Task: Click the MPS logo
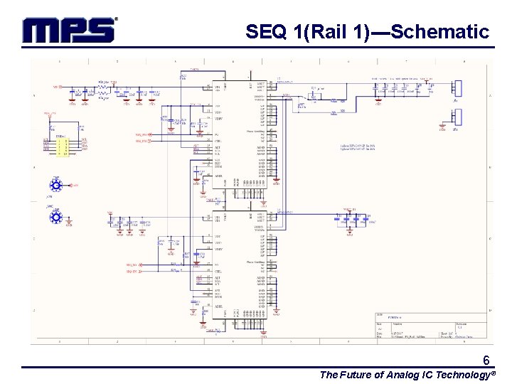click(69, 30)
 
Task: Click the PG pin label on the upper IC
click(218, 134)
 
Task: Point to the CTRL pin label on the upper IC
click(218, 141)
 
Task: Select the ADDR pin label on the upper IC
click(218, 176)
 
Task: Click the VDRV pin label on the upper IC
click(219, 119)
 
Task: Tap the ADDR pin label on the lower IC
click(218, 306)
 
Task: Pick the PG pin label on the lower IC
click(218, 265)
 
